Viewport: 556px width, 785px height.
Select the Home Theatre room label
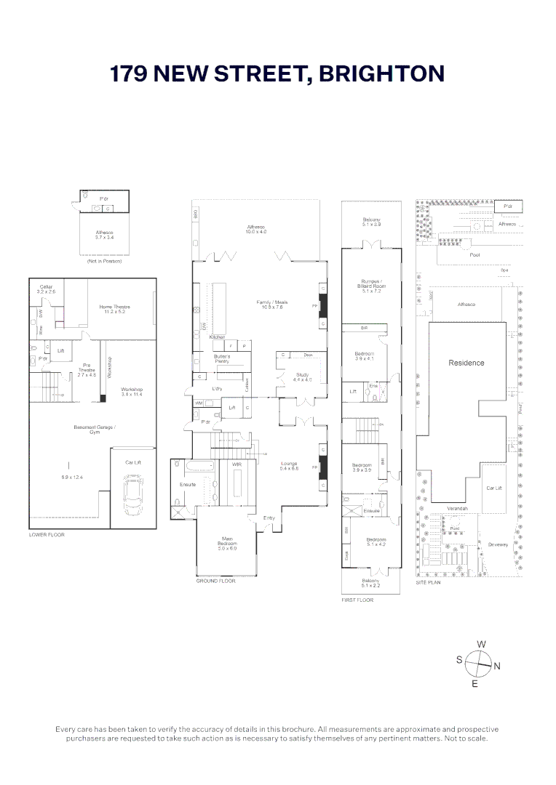coord(114,310)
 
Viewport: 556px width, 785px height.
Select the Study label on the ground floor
coord(302,377)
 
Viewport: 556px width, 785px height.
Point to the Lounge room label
coord(290,465)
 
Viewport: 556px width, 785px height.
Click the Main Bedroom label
coord(226,542)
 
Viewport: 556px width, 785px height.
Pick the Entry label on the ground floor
coord(269,518)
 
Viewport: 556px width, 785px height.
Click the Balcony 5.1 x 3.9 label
coord(371,222)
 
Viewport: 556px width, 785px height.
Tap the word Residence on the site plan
coord(466,363)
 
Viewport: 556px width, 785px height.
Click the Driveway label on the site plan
coord(499,544)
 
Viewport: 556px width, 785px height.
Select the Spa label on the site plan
coord(504,270)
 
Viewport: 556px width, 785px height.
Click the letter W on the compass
coord(481,644)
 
